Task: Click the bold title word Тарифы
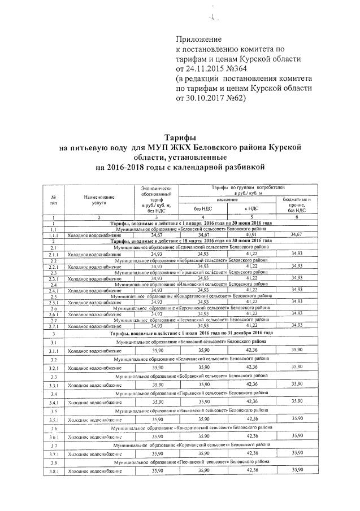point(180,138)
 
